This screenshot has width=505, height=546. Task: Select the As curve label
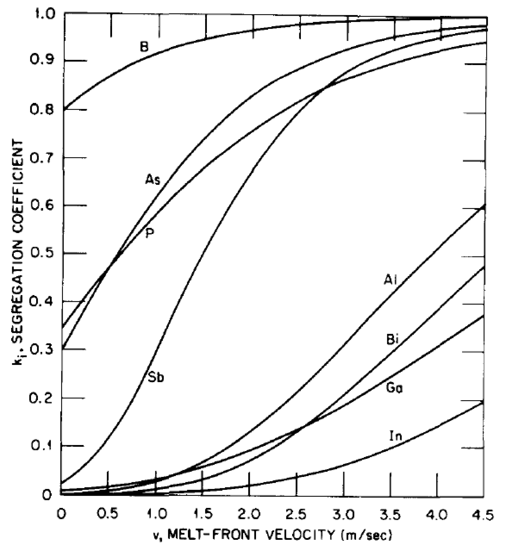click(153, 180)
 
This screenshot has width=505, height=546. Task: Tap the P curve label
click(150, 233)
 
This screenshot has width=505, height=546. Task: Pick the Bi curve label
click(393, 341)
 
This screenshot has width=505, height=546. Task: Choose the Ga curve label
click(394, 388)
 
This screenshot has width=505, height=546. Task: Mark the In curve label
click(395, 436)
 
